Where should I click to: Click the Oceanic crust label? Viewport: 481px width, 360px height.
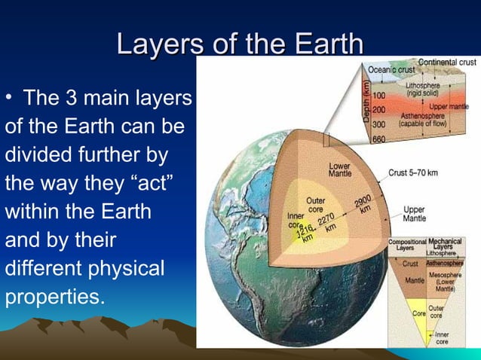coord(392,70)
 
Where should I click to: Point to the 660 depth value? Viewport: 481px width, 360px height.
coord(378,140)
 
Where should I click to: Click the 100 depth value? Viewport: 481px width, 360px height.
coord(378,97)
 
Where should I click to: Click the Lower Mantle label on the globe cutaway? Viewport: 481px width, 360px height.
coord(339,169)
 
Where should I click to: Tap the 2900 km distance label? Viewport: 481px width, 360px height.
coord(366,203)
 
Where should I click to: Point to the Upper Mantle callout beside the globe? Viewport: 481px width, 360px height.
coord(414,214)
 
